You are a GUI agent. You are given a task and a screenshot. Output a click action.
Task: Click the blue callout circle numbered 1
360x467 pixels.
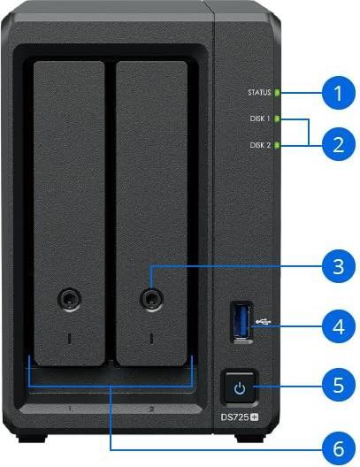pos(338,93)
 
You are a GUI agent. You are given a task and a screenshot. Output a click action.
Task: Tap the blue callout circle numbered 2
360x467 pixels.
pos(338,144)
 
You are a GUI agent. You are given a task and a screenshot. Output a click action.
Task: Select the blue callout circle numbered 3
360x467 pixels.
pos(338,266)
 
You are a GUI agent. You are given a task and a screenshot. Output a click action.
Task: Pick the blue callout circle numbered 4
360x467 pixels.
pos(338,326)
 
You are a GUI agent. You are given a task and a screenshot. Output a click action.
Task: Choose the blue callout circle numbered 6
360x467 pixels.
pos(338,449)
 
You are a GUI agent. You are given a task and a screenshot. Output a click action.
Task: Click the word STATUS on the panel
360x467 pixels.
pos(259,92)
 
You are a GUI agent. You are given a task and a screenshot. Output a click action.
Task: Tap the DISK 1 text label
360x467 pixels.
pos(260,119)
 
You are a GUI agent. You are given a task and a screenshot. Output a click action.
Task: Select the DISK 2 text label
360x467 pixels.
pos(260,145)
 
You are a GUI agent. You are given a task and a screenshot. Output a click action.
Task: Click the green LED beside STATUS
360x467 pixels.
pos(277,93)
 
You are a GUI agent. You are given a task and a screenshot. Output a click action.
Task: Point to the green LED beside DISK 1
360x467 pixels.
pos(277,119)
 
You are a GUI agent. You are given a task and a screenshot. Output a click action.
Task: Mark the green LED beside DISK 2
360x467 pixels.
pos(277,145)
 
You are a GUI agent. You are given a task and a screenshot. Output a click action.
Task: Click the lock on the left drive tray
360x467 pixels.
pos(69,298)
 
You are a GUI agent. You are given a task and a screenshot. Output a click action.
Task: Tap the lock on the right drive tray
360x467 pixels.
pos(151,298)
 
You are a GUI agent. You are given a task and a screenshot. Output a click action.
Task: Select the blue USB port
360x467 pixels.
pos(241,322)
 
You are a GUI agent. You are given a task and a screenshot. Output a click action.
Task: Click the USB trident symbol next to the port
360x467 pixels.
pos(264,322)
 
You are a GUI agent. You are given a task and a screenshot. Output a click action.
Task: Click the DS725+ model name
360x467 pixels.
pos(240,417)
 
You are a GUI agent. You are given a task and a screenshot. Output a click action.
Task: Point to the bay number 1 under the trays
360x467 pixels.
pos(70,409)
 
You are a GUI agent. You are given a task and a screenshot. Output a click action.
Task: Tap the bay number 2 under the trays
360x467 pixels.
pos(151,409)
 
